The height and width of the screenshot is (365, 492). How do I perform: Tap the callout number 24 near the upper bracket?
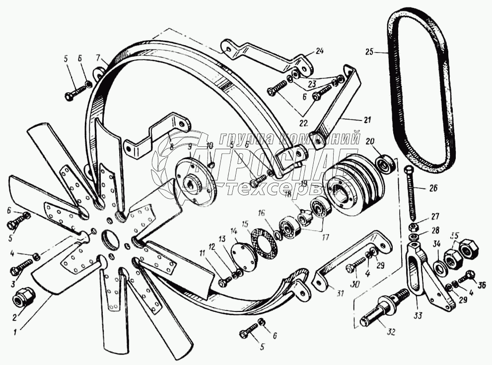pos(319,51)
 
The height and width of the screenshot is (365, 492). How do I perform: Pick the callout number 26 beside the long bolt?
pos(420,188)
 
